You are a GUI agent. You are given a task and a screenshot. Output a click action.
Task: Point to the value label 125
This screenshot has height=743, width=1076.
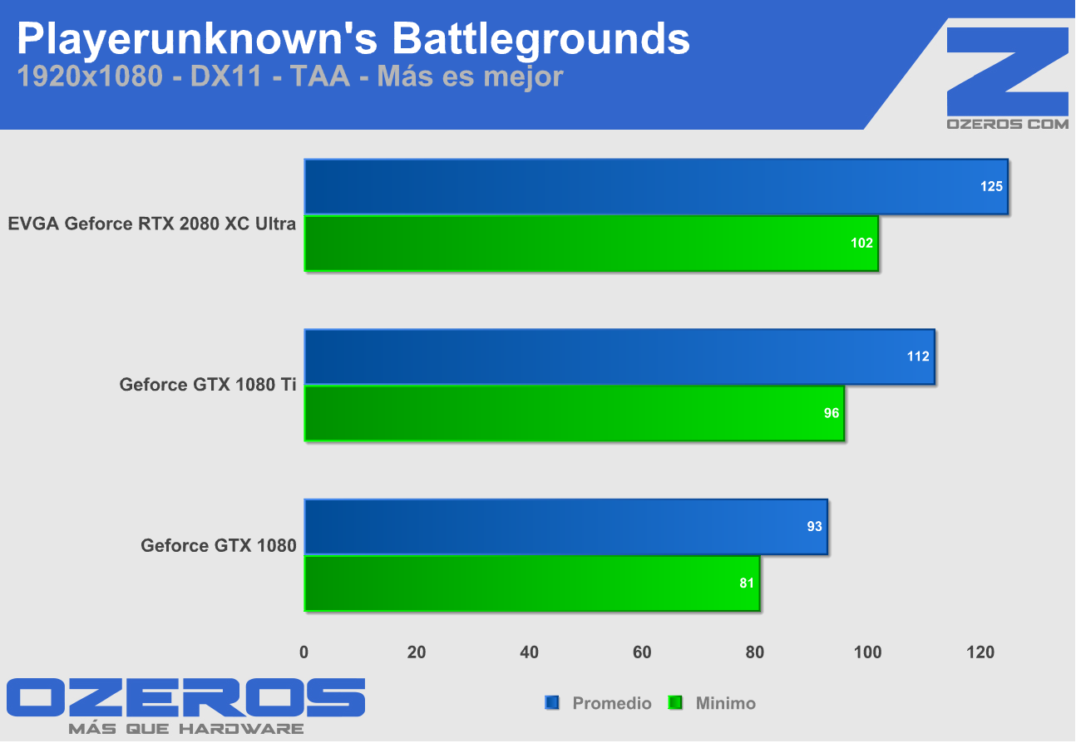point(991,187)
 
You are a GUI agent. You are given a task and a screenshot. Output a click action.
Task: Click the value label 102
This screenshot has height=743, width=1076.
point(862,244)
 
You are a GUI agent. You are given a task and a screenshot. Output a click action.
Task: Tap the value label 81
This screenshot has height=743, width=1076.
point(746,583)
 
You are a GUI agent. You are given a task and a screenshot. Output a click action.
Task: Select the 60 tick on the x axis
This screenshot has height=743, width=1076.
point(642,653)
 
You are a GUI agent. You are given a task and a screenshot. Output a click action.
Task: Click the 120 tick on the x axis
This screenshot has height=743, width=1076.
point(980,653)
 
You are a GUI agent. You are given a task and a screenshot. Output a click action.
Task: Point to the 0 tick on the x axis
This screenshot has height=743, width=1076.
point(304,653)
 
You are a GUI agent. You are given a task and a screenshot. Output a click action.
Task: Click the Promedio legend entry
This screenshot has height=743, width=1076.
point(611,704)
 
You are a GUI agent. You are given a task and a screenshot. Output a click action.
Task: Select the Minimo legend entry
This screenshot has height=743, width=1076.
point(725,704)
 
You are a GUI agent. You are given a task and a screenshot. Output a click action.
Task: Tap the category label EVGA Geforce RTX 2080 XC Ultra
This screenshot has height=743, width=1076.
point(152,224)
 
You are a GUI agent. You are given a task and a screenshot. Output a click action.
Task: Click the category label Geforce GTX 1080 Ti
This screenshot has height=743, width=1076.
point(208,385)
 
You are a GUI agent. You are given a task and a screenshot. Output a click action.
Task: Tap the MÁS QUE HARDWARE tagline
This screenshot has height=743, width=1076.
point(185,729)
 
